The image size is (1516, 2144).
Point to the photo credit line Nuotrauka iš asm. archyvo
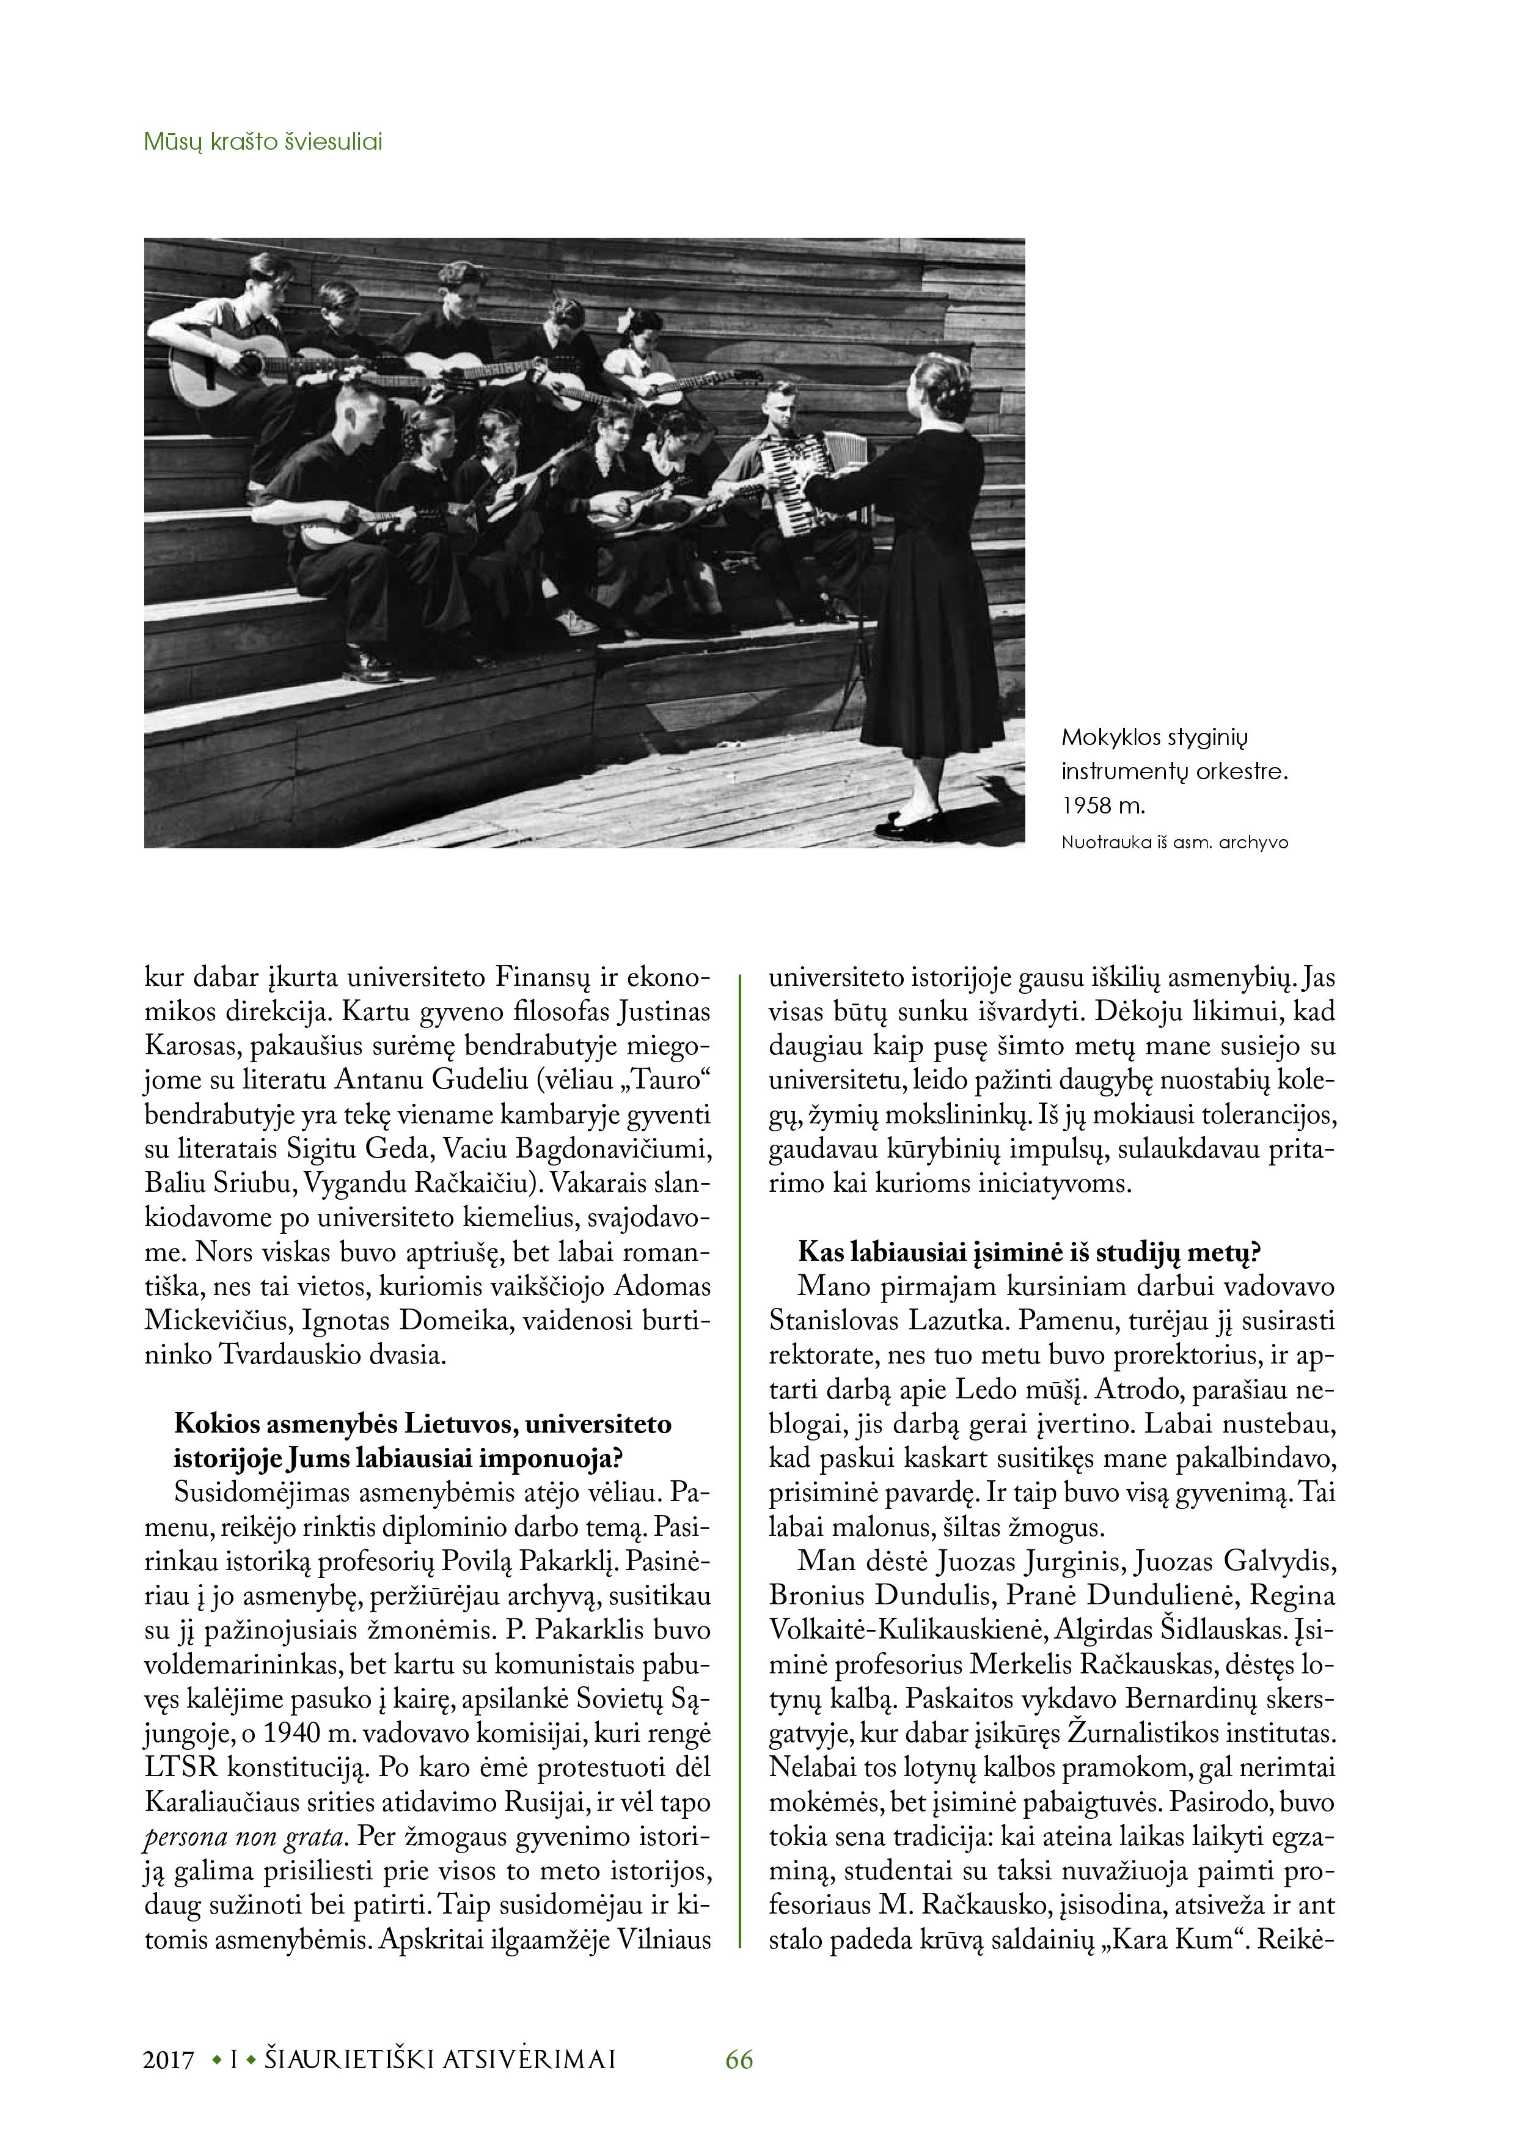1174,842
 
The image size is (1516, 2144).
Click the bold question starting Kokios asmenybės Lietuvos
423,1441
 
